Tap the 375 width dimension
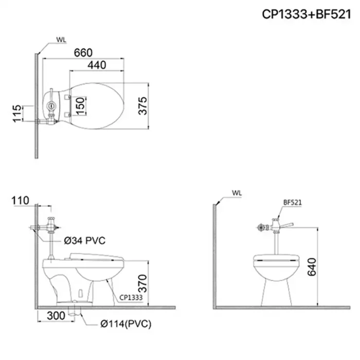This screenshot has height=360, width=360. [143, 105]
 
